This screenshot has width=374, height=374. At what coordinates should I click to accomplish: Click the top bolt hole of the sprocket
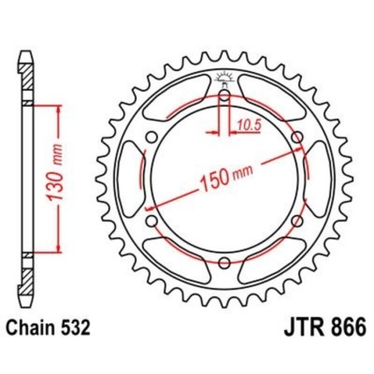(225, 96)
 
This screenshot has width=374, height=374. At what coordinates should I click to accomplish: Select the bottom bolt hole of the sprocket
(225, 262)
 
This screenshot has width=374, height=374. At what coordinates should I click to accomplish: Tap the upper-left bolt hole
(152, 137)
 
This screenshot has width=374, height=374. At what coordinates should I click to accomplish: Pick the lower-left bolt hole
(152, 221)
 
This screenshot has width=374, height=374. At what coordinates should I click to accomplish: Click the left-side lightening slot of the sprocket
(131, 179)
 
